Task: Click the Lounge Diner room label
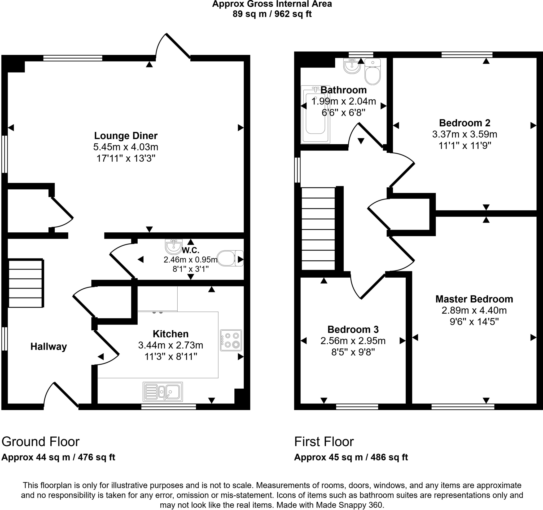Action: (x=126, y=136)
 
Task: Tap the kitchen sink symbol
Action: (x=163, y=392)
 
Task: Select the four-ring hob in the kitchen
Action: (x=231, y=340)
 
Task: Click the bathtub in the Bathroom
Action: (x=315, y=115)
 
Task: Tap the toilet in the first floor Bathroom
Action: (x=373, y=72)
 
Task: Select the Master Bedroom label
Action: (x=474, y=299)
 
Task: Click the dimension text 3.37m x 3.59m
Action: (x=465, y=134)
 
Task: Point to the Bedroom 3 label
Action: (x=353, y=329)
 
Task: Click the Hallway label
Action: (x=49, y=347)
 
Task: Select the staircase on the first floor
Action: (x=318, y=229)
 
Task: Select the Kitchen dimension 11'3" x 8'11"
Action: (x=171, y=357)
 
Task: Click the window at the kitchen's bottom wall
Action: (x=169, y=407)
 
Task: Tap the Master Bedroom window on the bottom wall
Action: (x=463, y=407)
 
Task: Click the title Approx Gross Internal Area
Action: (x=272, y=4)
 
